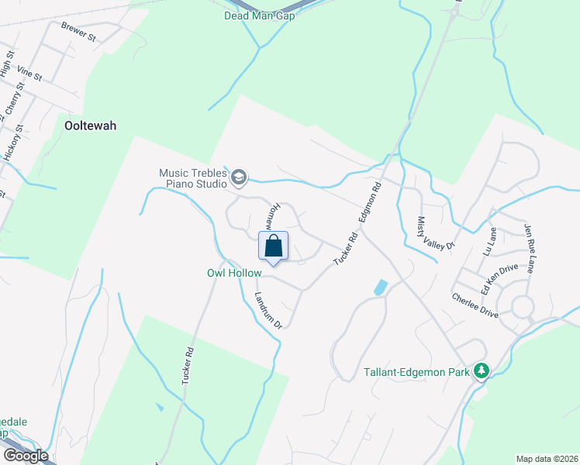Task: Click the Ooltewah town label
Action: [90, 125]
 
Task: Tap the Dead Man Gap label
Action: [260, 15]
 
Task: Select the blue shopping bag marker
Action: [273, 247]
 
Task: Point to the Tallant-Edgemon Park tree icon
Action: [482, 372]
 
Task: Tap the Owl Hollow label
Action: [233, 273]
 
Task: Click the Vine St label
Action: [28, 74]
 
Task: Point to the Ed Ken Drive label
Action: [498, 277]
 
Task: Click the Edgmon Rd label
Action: [370, 204]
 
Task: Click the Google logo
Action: [26, 455]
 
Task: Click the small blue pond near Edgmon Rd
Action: [380, 288]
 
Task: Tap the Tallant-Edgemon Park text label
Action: [417, 373]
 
